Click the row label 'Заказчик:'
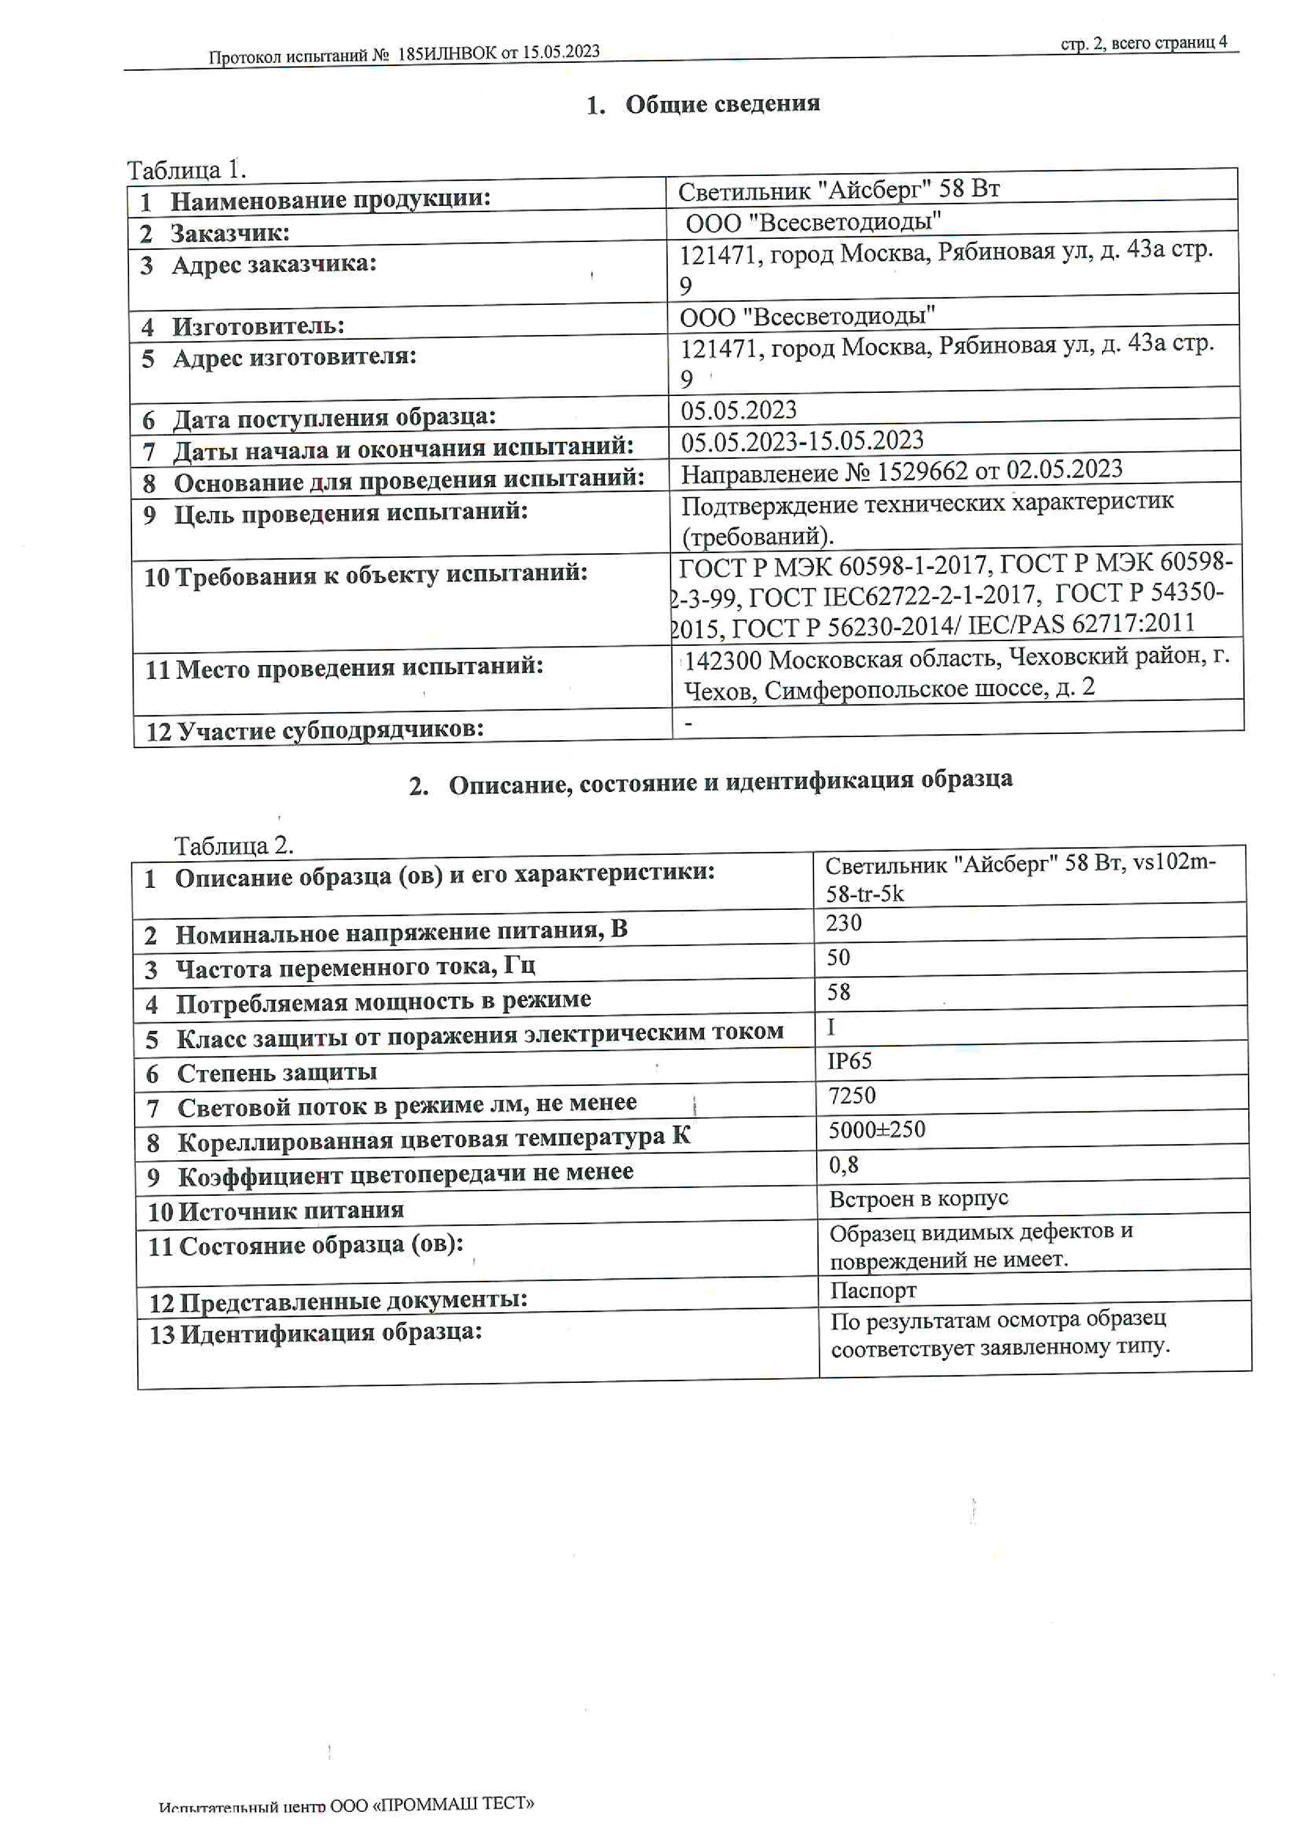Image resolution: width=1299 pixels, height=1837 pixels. (x=229, y=234)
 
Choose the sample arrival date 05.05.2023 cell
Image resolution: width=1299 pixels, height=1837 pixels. (x=739, y=411)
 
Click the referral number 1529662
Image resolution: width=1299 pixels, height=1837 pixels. (x=921, y=471)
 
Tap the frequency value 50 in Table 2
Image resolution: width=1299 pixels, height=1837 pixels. (x=838, y=958)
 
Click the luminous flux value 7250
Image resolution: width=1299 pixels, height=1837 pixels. (x=851, y=1095)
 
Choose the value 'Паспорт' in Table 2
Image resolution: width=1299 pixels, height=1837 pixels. (x=872, y=1291)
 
